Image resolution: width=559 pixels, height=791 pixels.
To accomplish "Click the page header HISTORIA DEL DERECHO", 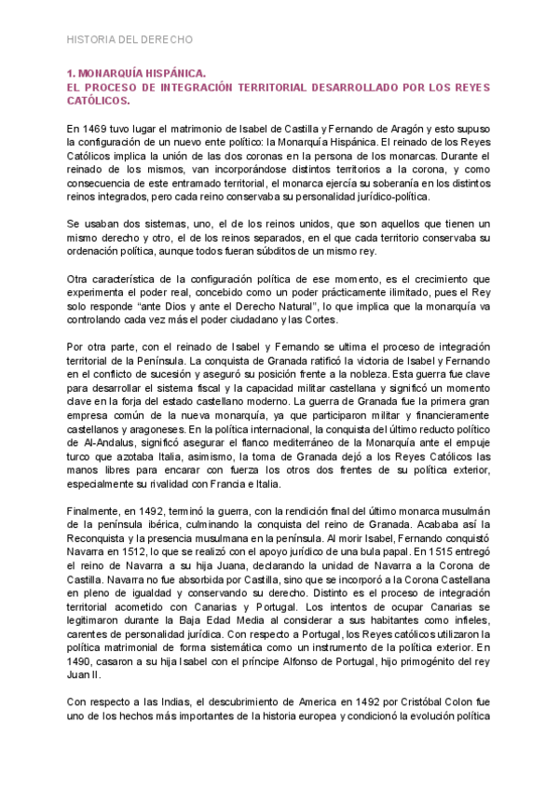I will [130, 40].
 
